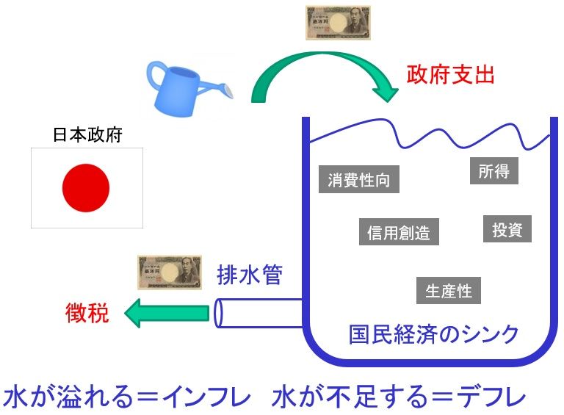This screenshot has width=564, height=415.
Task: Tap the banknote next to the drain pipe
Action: (170, 273)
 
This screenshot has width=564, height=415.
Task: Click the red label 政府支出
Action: (451, 74)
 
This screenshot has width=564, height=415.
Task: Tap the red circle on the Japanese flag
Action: (86, 187)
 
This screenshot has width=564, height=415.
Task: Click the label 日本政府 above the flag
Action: (87, 135)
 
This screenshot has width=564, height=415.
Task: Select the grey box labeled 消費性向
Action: (359, 180)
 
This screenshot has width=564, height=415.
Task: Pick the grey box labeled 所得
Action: (493, 171)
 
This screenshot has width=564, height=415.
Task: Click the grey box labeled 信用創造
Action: (399, 233)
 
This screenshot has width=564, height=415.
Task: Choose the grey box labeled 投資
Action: (507, 229)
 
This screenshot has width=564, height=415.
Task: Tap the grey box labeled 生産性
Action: (448, 291)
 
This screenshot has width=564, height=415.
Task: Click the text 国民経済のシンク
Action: (433, 334)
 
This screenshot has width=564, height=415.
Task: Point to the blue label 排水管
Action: (250, 275)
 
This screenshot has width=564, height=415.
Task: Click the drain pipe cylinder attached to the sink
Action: (257, 313)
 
